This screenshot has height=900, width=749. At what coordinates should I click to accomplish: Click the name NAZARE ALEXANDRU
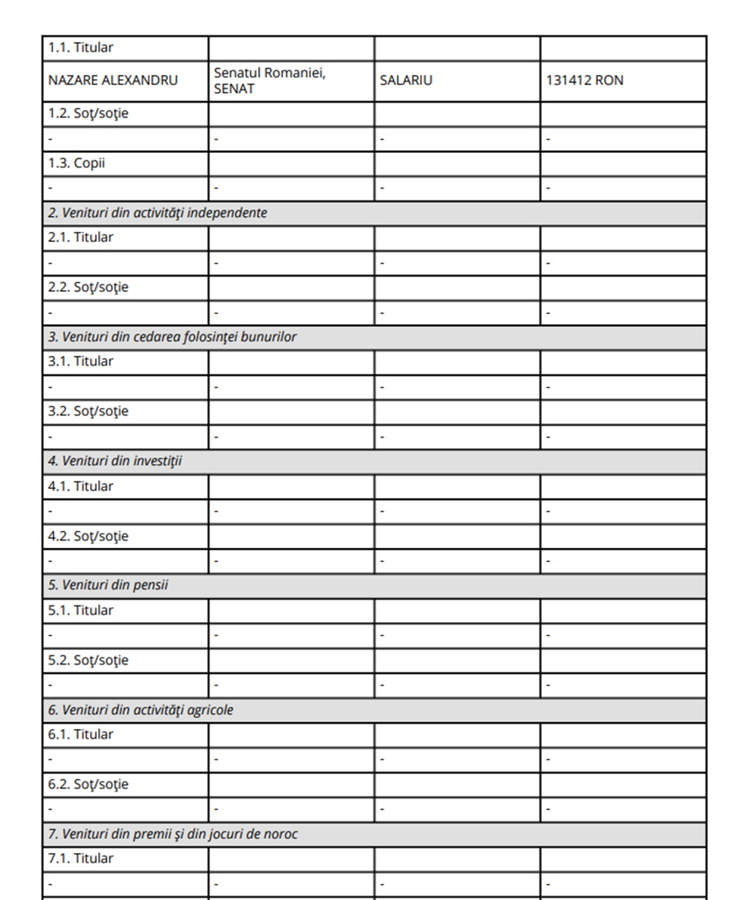(112, 81)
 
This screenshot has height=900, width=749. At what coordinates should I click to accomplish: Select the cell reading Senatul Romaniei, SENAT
(270, 81)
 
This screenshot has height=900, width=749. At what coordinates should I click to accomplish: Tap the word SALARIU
(406, 81)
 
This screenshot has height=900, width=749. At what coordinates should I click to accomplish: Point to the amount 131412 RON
(584, 81)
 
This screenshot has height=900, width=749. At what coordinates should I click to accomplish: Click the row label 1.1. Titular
(81, 47)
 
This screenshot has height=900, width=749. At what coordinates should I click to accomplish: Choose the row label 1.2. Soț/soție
(88, 114)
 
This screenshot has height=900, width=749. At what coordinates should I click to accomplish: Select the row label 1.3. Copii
(76, 163)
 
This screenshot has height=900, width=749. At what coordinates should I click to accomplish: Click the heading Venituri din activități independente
(157, 213)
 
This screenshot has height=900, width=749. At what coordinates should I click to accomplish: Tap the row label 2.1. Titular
(81, 237)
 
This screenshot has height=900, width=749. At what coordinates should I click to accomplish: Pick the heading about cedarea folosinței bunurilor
(172, 337)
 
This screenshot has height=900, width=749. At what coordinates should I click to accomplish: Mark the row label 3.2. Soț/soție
(88, 412)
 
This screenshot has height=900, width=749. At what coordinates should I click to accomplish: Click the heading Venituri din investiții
(115, 462)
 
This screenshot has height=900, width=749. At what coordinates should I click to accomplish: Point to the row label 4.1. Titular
(81, 487)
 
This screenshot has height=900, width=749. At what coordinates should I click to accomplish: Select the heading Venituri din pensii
(108, 586)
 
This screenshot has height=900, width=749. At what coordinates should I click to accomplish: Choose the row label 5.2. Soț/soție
(88, 660)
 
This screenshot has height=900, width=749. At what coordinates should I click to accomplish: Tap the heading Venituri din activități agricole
(140, 710)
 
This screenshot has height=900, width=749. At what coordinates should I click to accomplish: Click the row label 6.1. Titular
(81, 734)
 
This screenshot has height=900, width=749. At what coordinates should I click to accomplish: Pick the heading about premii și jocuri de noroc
(173, 834)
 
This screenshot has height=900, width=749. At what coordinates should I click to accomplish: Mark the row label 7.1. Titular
(81, 859)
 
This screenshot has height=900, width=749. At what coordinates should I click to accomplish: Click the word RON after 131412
(609, 81)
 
